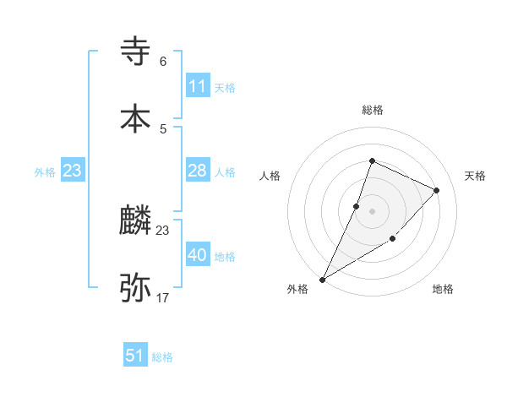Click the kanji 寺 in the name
click(x=136, y=52)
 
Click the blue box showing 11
click(x=197, y=86)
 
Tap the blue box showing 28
click(x=197, y=171)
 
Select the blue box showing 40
click(x=197, y=255)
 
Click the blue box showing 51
click(x=135, y=356)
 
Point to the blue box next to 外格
click(x=73, y=171)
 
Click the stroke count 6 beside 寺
click(x=163, y=62)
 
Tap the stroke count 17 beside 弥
click(x=163, y=298)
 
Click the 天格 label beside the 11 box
click(x=225, y=87)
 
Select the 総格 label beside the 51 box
click(x=162, y=357)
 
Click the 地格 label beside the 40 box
click(x=225, y=256)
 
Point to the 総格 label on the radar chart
click(x=373, y=110)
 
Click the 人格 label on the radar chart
click(x=270, y=176)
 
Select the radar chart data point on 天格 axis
click(x=437, y=190)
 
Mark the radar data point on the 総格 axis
click(x=372, y=160)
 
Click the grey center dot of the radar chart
click(x=372, y=211)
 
